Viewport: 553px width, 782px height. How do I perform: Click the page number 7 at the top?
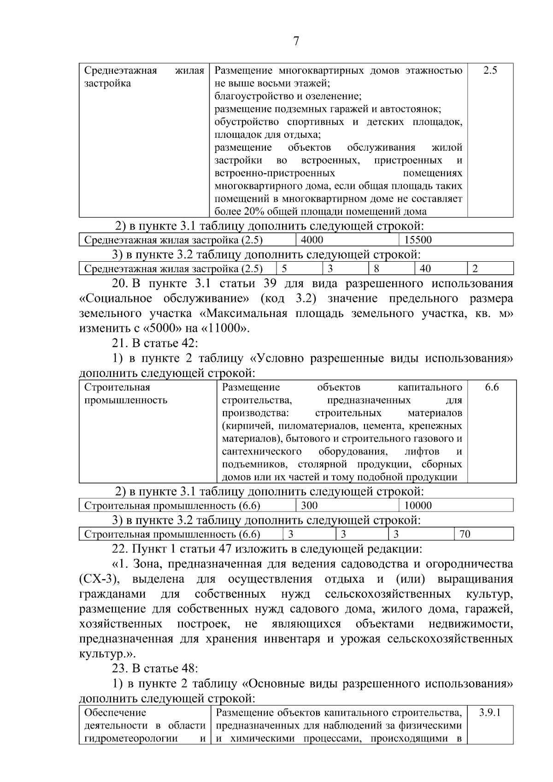(x=296, y=41)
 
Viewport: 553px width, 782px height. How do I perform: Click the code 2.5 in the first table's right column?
(x=490, y=71)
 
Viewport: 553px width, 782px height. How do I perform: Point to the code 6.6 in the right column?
(x=492, y=387)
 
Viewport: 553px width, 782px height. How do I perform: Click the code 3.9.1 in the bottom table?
(x=490, y=712)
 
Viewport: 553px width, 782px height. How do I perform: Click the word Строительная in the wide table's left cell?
(x=118, y=387)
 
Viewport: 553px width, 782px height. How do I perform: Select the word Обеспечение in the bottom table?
(x=115, y=712)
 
